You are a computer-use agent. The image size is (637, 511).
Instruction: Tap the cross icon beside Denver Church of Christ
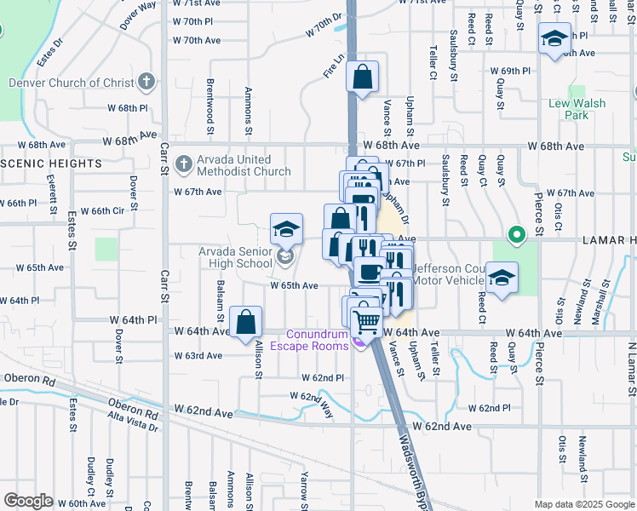tap(146, 83)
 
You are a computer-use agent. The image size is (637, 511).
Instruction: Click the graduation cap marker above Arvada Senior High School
tap(286, 228)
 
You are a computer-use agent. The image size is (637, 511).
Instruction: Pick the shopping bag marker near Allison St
tap(245, 322)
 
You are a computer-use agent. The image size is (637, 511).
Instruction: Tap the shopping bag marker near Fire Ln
tap(363, 78)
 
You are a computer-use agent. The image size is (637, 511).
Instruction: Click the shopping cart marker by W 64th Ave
tap(367, 320)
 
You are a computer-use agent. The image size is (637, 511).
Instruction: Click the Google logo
tap(28, 501)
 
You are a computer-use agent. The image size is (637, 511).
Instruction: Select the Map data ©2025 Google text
tap(584, 504)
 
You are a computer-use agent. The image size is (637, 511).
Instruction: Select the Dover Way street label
tap(138, 15)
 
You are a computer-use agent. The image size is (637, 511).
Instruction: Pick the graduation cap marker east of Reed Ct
tap(502, 278)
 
